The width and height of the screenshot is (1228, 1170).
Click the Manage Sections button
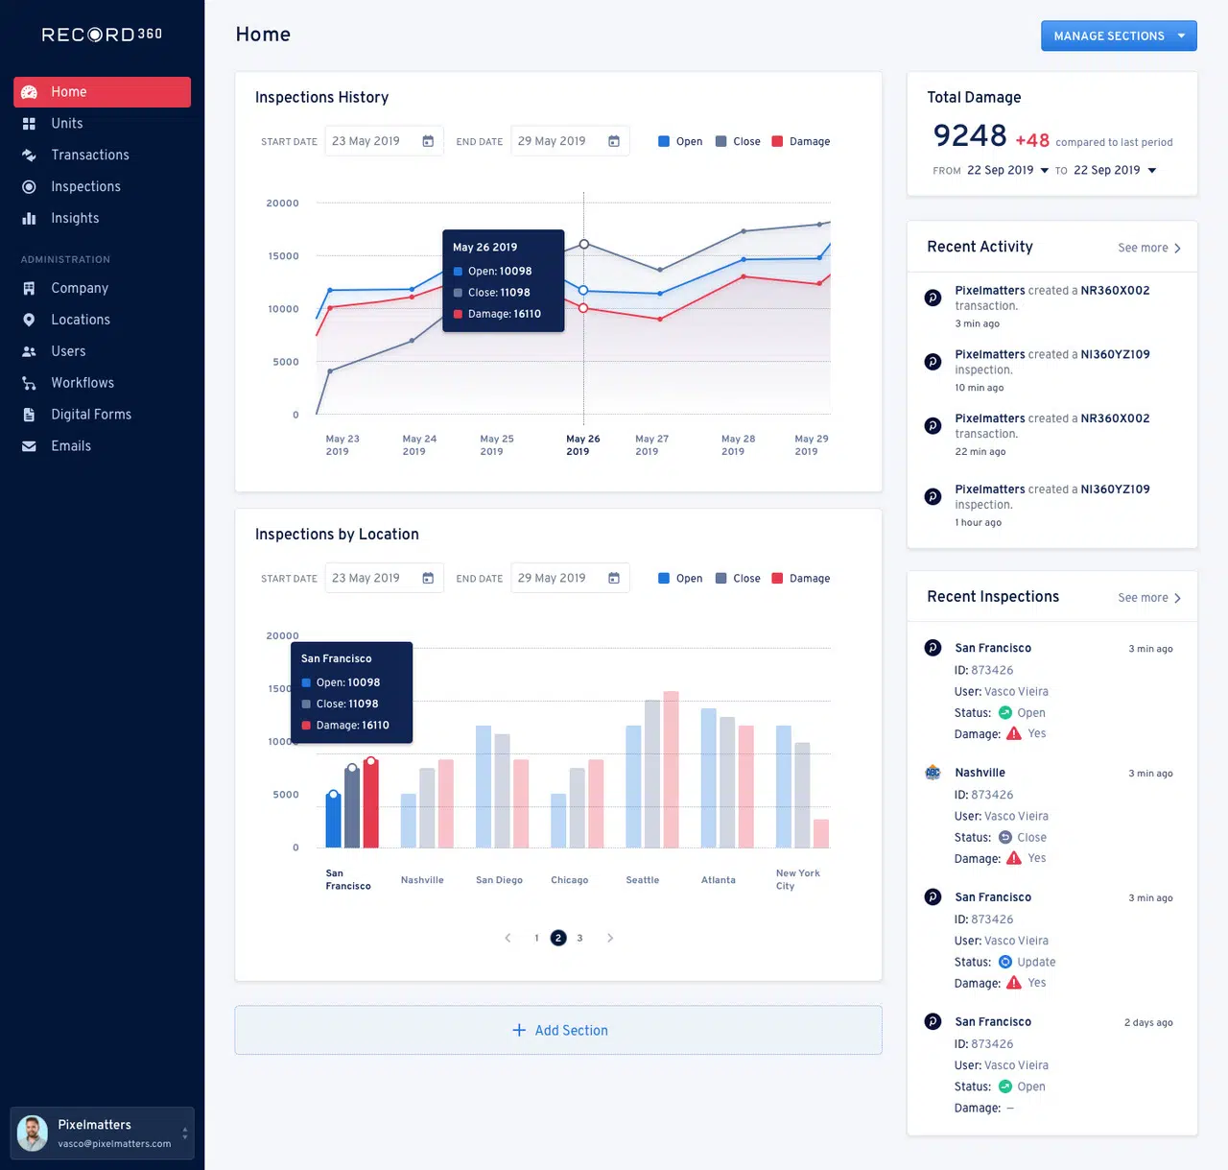(1118, 36)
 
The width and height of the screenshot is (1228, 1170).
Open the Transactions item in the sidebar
(89, 155)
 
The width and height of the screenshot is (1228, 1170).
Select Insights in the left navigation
(75, 218)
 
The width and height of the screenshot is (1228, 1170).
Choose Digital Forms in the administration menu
(90, 415)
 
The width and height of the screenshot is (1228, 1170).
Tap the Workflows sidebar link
(82, 383)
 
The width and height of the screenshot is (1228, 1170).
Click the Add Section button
(558, 1030)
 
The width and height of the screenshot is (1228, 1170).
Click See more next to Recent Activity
(1148, 248)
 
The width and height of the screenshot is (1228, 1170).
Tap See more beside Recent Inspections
(1148, 598)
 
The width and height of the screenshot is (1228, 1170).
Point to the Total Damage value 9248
(970, 136)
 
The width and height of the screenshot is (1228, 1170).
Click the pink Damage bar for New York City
(821, 833)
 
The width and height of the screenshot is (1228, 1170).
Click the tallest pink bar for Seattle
(671, 769)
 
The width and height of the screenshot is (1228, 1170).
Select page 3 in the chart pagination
(579, 938)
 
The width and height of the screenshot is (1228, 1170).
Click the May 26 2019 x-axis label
(582, 444)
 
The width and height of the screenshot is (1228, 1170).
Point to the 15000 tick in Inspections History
(283, 256)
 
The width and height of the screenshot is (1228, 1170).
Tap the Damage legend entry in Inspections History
(801, 141)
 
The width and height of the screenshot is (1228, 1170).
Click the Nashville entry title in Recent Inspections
(980, 773)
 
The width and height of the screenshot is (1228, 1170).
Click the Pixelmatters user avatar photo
(33, 1134)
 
